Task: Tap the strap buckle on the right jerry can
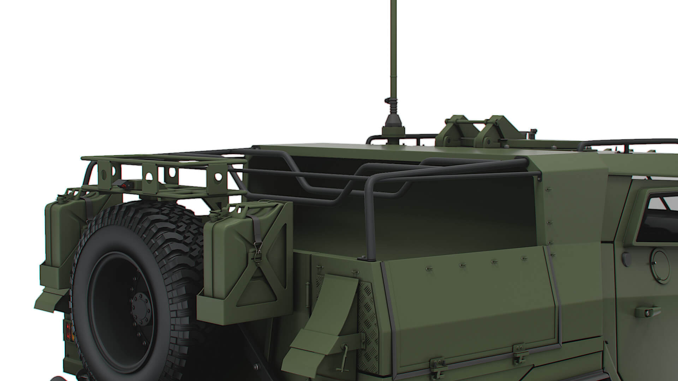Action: pos(257,253)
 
